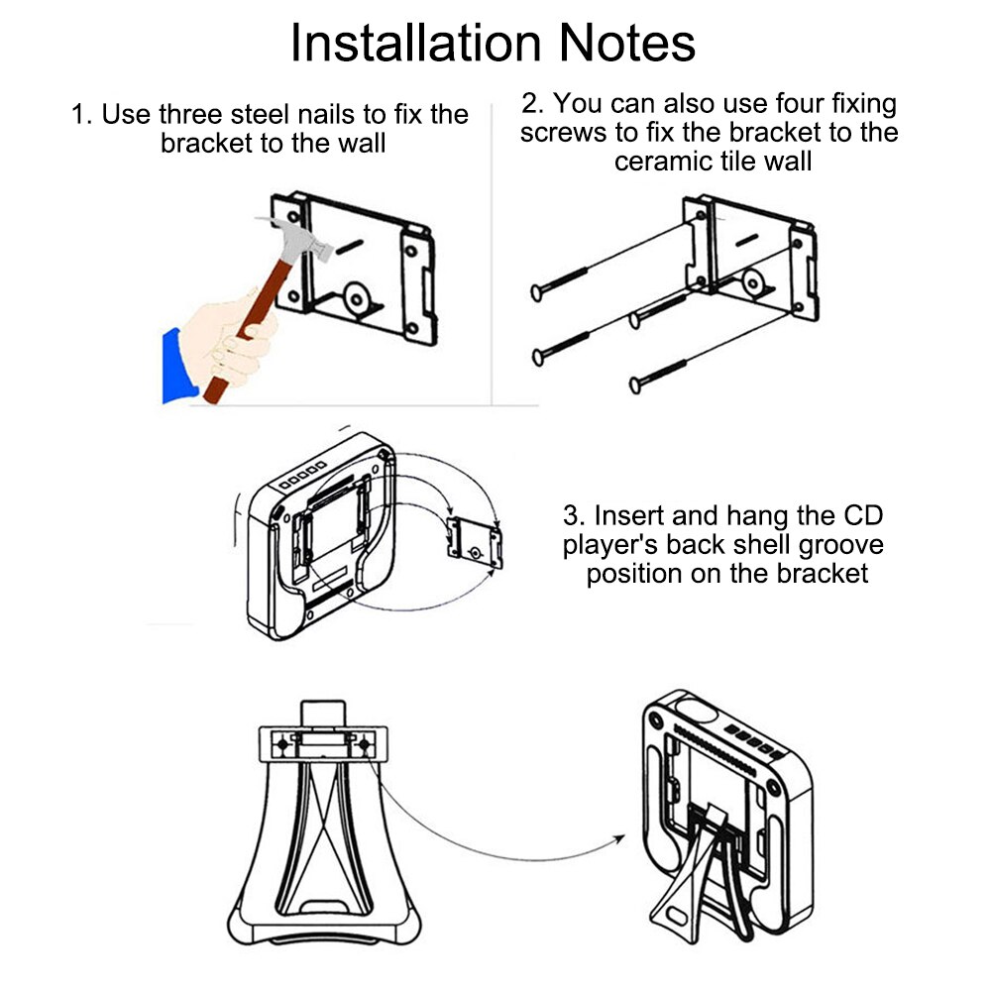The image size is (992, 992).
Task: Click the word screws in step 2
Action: [563, 133]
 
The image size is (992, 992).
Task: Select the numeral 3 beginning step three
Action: [571, 516]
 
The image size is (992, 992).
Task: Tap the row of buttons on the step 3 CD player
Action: [302, 477]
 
